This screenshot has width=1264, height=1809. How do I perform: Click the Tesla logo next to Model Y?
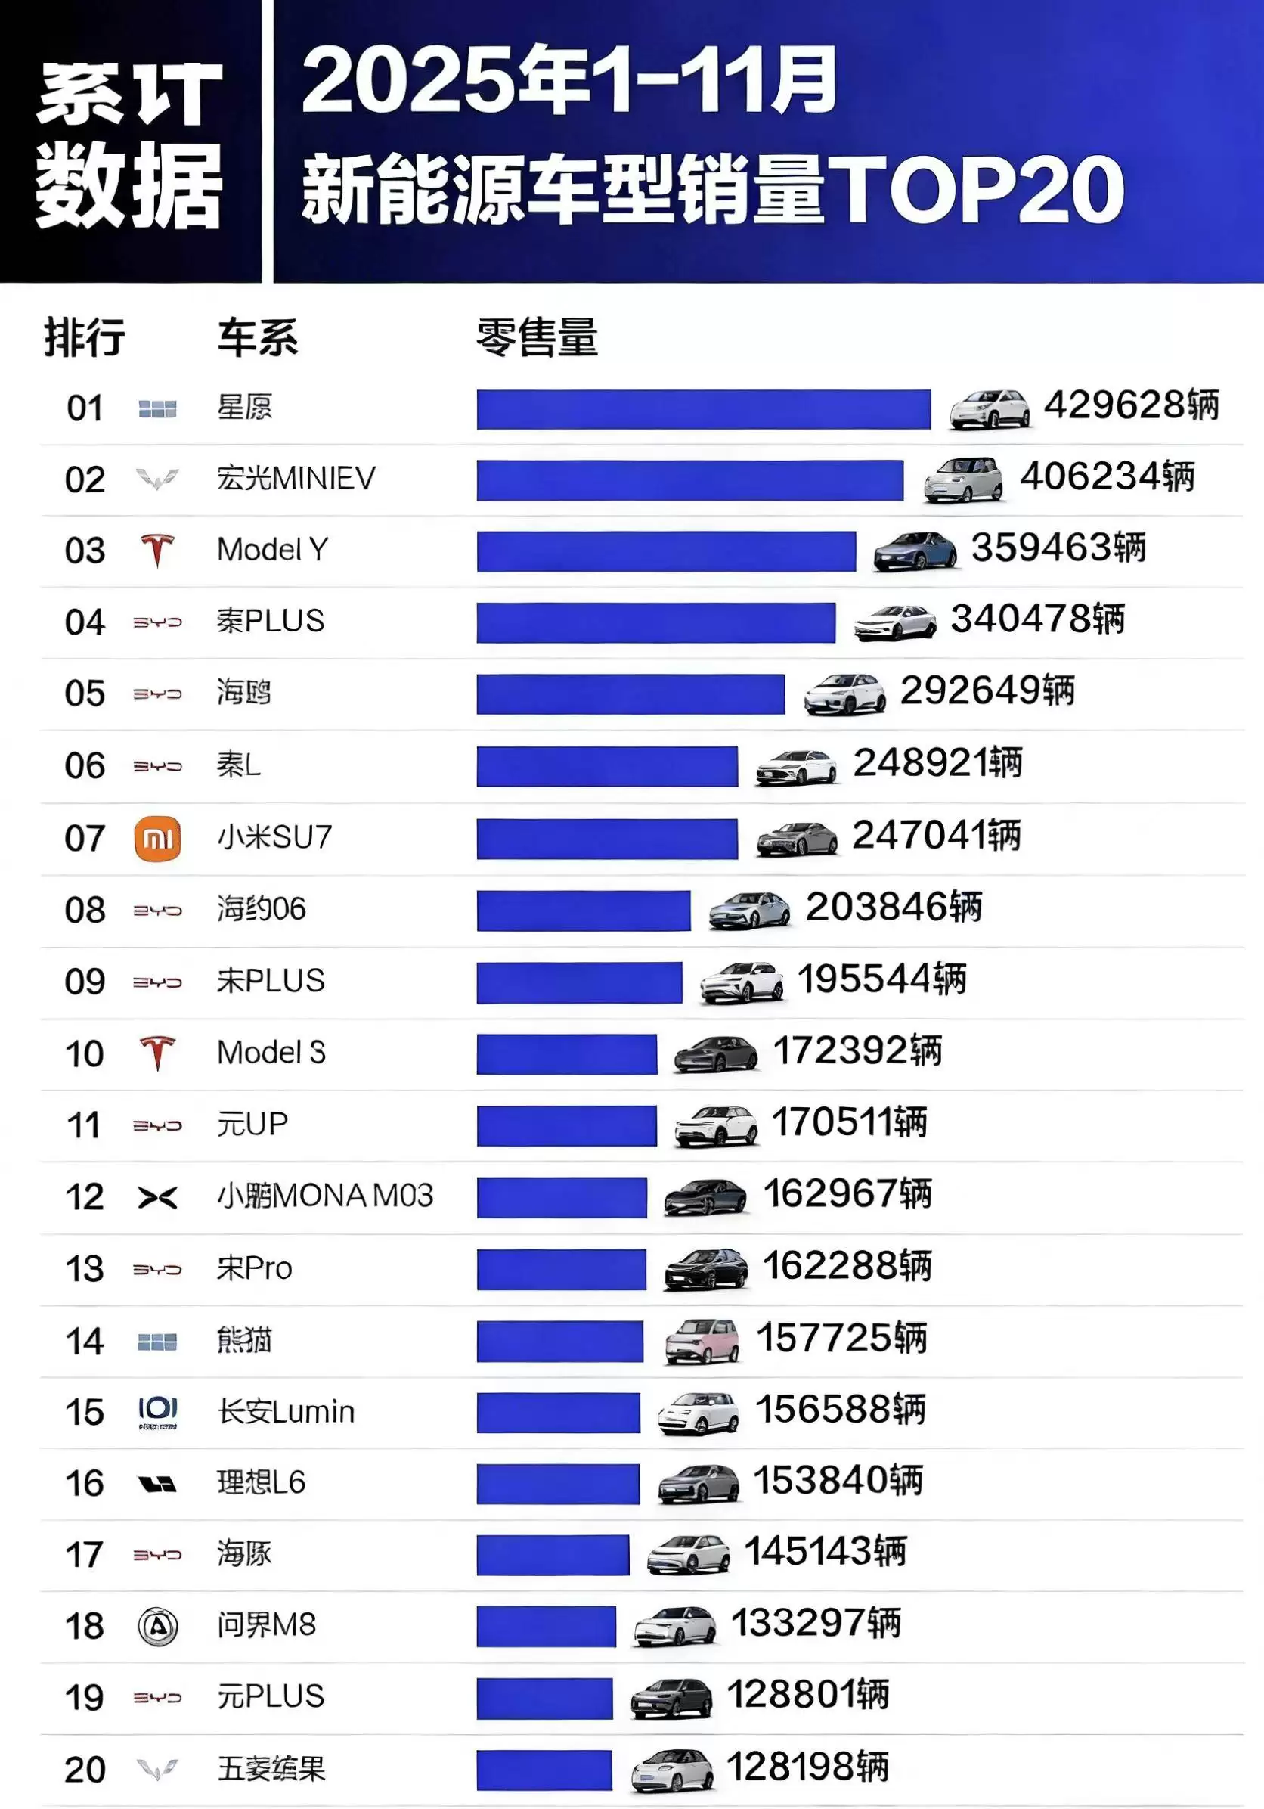click(157, 550)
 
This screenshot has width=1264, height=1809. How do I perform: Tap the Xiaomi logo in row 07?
click(157, 838)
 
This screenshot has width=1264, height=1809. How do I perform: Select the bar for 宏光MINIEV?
click(690, 479)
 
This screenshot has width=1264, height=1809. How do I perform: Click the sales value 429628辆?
click(1131, 406)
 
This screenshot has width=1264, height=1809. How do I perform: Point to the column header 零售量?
click(537, 338)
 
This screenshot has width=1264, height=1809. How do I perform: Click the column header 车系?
click(258, 338)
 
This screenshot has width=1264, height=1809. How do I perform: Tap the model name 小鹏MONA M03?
click(325, 1196)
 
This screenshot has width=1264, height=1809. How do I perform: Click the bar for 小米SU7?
click(607, 838)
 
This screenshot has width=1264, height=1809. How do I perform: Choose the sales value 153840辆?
click(838, 1481)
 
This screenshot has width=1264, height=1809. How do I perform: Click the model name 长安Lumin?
click(286, 1412)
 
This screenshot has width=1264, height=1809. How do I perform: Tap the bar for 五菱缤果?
click(544, 1770)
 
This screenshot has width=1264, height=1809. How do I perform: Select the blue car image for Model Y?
click(915, 550)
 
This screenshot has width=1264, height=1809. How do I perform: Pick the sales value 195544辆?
click(882, 979)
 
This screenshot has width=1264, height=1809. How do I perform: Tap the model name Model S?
click(271, 1053)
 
